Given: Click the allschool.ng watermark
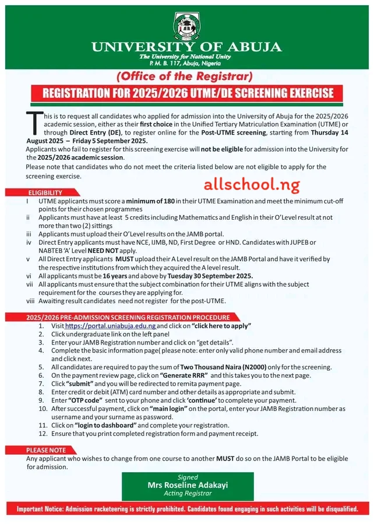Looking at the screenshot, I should click(x=251, y=185).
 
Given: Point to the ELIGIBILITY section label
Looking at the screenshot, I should click(x=45, y=192).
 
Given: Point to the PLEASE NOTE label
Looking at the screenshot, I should click(x=45, y=450).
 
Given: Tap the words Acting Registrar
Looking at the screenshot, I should click(x=187, y=493).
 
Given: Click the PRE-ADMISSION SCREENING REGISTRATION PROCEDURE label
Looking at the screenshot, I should click(x=128, y=317).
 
